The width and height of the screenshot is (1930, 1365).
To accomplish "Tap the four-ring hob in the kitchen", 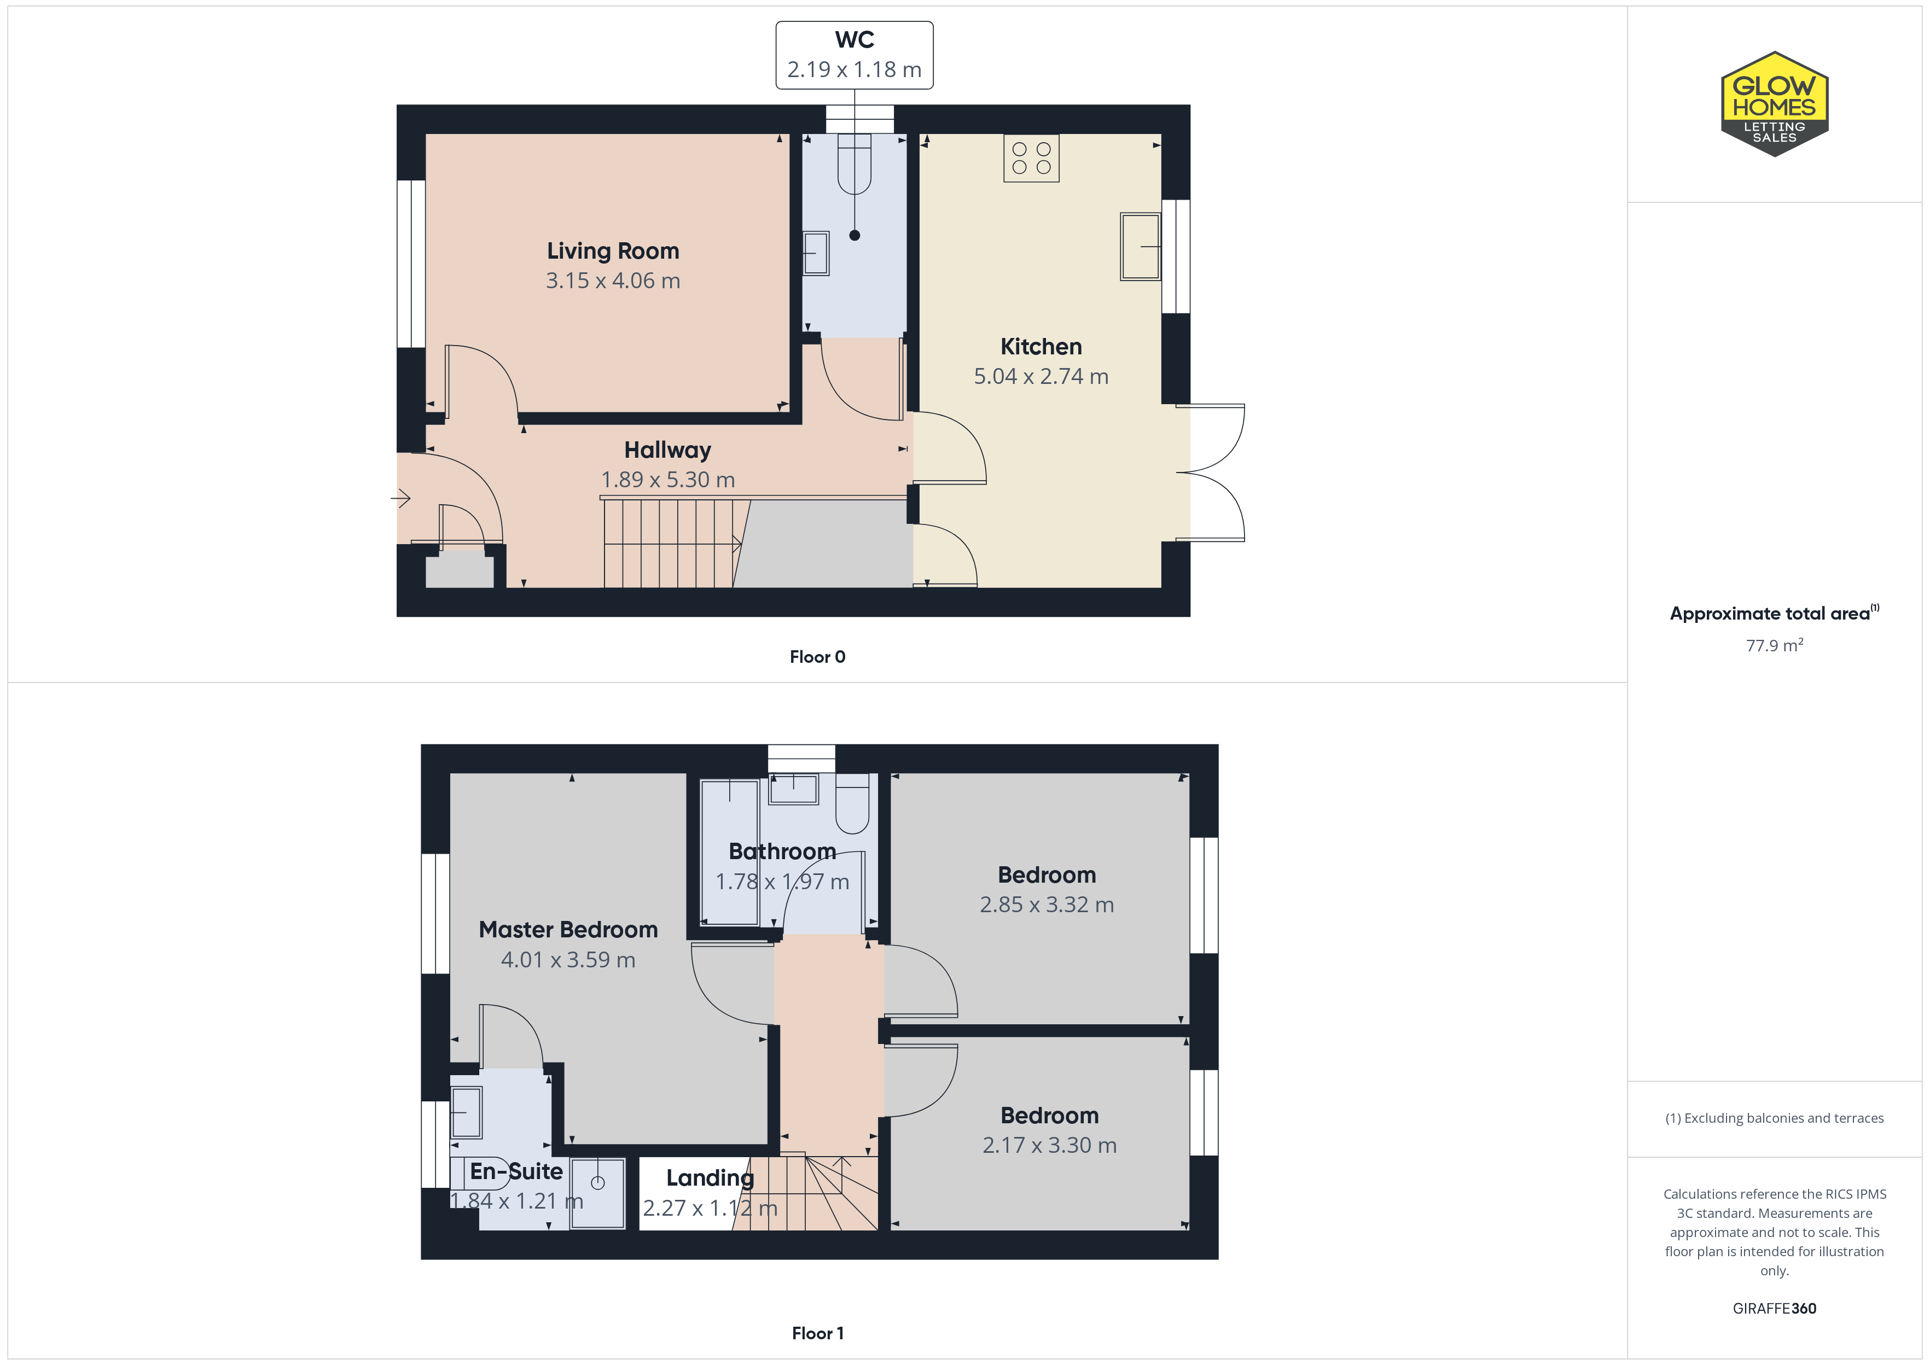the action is point(1031,158).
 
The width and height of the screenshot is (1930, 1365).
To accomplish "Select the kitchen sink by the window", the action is point(1140,246).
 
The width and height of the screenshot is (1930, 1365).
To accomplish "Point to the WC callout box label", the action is point(854,39).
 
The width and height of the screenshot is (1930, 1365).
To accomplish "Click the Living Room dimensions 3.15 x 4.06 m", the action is point(613,281).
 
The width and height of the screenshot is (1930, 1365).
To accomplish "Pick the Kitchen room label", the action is point(1040,346).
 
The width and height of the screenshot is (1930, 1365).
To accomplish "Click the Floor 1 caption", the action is point(817,1333).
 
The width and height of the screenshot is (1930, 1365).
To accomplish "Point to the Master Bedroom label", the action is point(568,930).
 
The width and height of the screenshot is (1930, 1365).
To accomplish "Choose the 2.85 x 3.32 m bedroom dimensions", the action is point(1047,905).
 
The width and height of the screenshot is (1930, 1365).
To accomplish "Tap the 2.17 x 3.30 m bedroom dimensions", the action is point(1049,1145).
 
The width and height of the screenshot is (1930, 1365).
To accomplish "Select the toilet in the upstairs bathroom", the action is point(852,803).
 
